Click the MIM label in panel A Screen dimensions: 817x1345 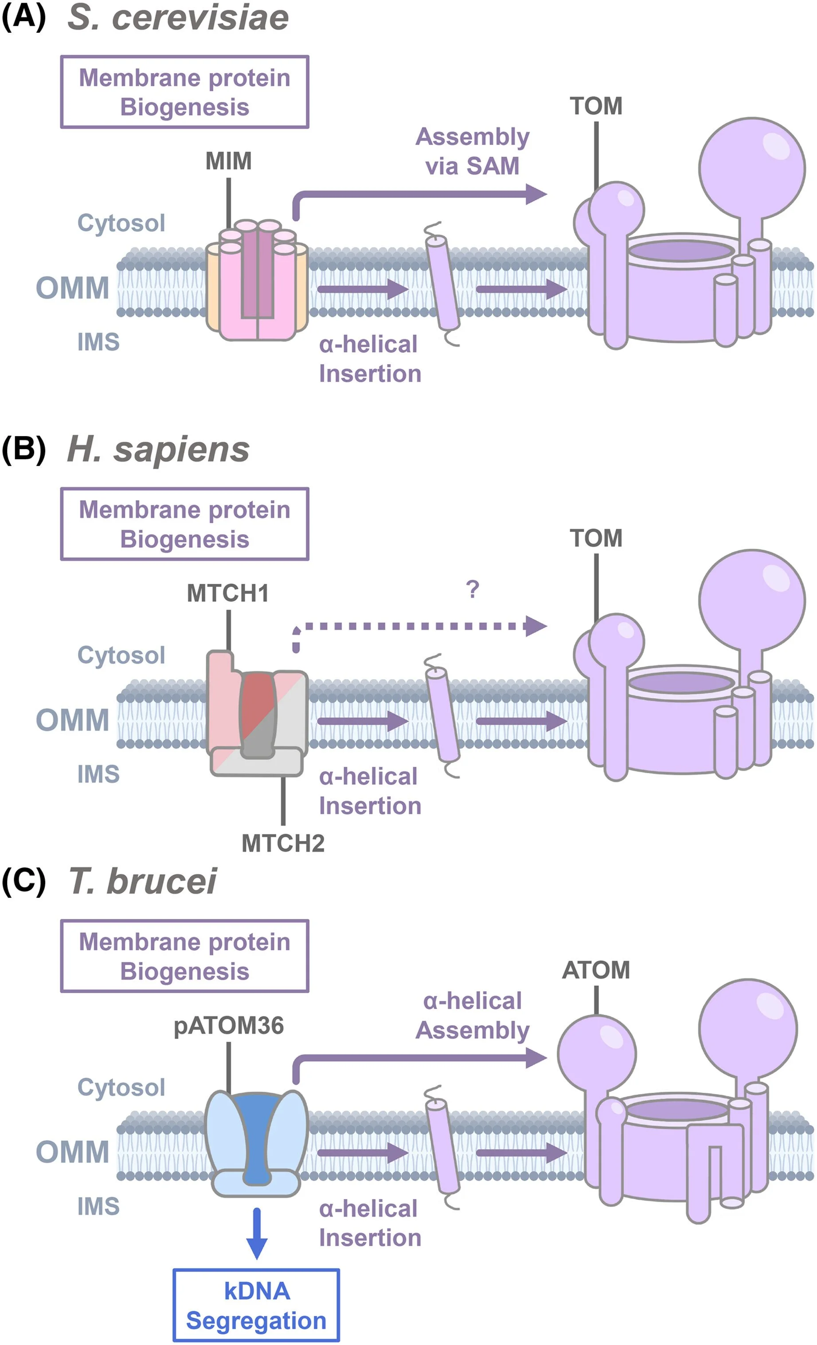pyautogui.click(x=229, y=161)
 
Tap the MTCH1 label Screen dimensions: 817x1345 pyautogui.click(x=228, y=593)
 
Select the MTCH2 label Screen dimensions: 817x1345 pyautogui.click(x=283, y=843)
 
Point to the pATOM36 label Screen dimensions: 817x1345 pyautogui.click(x=229, y=1026)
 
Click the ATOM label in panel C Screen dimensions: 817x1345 pyautogui.click(x=596, y=970)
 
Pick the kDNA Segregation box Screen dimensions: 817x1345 pyautogui.click(x=257, y=1305)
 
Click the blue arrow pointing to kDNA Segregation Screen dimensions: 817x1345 pyautogui.click(x=257, y=1234)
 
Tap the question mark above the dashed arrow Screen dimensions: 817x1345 pyautogui.click(x=473, y=590)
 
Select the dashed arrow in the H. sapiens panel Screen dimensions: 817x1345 pyautogui.click(x=415, y=626)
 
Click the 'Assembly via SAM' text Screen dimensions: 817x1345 pyautogui.click(x=473, y=151)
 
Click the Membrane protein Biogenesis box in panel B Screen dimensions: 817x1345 pyautogui.click(x=184, y=524)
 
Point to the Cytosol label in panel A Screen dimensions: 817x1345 pyautogui.click(x=121, y=223)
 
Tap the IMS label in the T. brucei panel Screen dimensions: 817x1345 pyautogui.click(x=98, y=1206)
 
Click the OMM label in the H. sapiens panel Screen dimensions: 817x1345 pyautogui.click(x=73, y=720)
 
